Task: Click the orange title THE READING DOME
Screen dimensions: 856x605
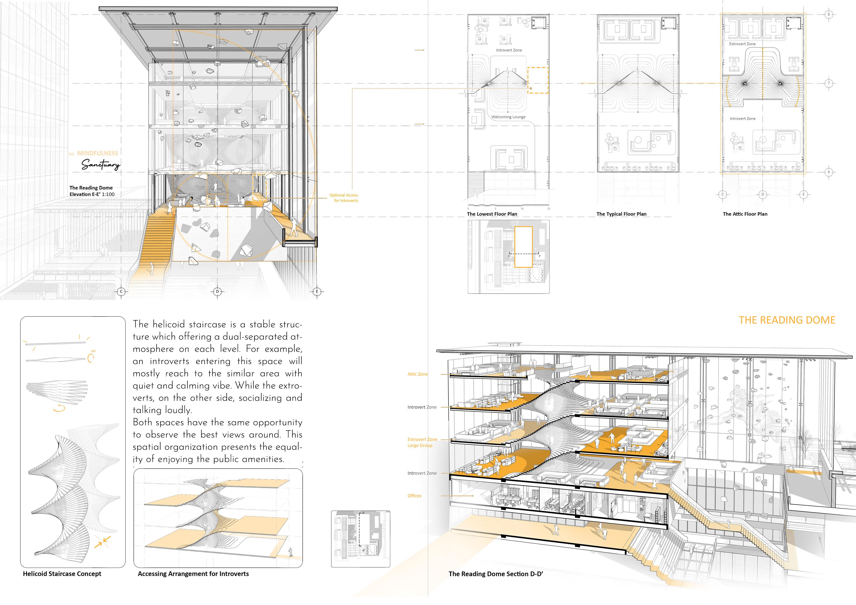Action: pos(787,320)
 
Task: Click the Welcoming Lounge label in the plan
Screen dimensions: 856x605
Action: pos(508,117)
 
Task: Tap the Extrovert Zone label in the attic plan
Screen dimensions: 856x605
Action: pos(742,44)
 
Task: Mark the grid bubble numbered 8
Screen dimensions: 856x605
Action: pos(829,14)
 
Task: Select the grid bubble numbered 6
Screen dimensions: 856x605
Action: pos(829,172)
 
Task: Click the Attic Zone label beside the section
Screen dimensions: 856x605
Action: pos(418,374)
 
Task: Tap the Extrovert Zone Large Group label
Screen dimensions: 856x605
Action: pos(422,442)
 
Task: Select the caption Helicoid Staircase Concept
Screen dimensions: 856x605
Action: pos(62,574)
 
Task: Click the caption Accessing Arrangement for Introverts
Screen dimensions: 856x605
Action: pos(193,574)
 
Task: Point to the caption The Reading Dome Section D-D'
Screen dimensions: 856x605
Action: pos(496,574)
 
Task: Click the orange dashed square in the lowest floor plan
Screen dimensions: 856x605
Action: pos(537,80)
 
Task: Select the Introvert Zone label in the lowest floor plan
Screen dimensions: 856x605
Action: pos(509,50)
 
